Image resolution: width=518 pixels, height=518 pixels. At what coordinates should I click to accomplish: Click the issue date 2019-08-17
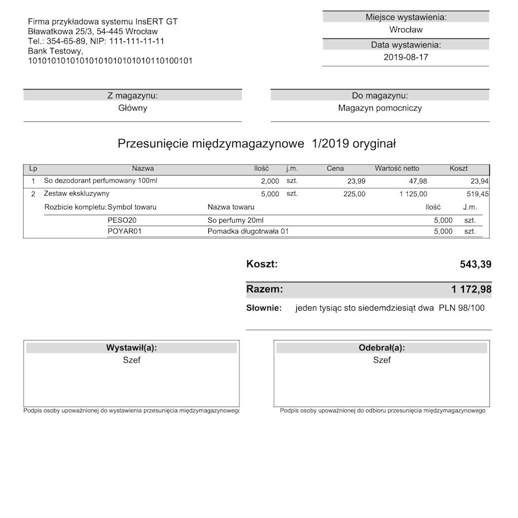point(406,57)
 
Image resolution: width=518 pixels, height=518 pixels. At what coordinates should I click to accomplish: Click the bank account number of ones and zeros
point(110,60)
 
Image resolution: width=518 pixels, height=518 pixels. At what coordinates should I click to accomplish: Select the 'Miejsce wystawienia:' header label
point(406,17)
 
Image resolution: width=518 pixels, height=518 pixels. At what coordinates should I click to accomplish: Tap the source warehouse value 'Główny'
point(132,108)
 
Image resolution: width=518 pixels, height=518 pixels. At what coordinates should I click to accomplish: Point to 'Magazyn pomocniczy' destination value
point(380,108)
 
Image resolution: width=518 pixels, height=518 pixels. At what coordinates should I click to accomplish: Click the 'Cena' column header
point(335,169)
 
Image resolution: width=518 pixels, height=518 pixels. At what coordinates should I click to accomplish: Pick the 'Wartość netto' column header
point(397,169)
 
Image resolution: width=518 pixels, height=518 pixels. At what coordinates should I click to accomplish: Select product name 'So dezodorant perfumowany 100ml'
point(101,181)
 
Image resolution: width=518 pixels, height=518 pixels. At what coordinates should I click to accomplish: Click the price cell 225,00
point(354,194)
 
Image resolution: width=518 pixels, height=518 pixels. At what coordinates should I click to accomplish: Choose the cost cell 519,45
point(477,194)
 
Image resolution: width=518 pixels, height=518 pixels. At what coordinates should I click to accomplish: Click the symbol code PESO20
point(122,220)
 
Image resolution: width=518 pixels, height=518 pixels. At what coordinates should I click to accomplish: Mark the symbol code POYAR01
point(124,231)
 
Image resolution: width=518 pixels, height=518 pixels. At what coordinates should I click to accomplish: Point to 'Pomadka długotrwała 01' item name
point(248,231)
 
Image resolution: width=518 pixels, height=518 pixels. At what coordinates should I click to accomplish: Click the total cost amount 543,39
point(475,264)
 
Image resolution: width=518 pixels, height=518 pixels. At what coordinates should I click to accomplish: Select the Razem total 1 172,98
point(471,289)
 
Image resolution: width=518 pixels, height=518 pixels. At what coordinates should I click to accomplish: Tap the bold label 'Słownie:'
point(264,308)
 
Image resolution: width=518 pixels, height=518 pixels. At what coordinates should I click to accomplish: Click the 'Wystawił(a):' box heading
point(131,348)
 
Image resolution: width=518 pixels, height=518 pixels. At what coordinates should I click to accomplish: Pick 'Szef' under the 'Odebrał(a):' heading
point(382,360)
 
